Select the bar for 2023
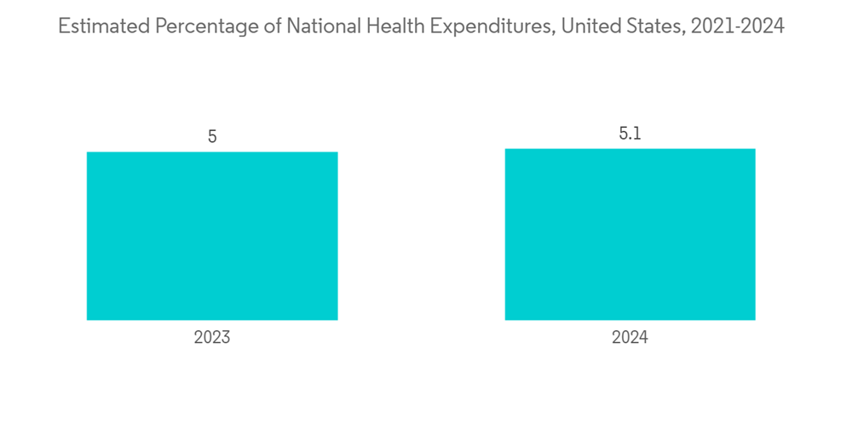click(212, 236)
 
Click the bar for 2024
click(630, 234)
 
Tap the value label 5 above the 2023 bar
click(212, 136)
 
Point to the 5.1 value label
click(630, 134)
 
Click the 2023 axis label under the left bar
click(212, 338)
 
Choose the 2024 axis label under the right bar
click(630, 338)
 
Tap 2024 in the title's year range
click(763, 27)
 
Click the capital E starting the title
click(63, 27)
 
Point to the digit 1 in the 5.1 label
click(637, 134)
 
